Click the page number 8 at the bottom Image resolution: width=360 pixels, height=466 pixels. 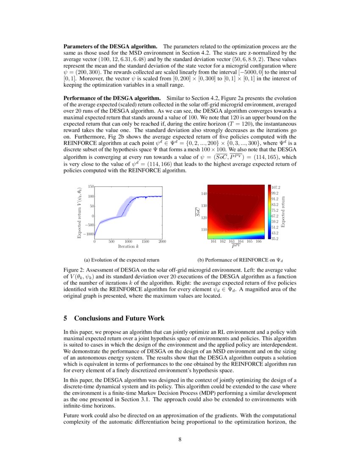tap(180, 439)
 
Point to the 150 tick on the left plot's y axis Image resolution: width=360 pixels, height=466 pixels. tap(91, 186)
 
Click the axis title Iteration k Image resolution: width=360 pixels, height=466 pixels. tap(129, 246)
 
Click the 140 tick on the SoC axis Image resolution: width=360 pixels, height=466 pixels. tap(204, 194)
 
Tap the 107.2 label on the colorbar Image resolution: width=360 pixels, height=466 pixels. tap(276, 187)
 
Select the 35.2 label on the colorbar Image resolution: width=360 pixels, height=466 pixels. tap(275, 239)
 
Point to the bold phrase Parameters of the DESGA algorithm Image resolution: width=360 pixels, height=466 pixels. tap(111, 45)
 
